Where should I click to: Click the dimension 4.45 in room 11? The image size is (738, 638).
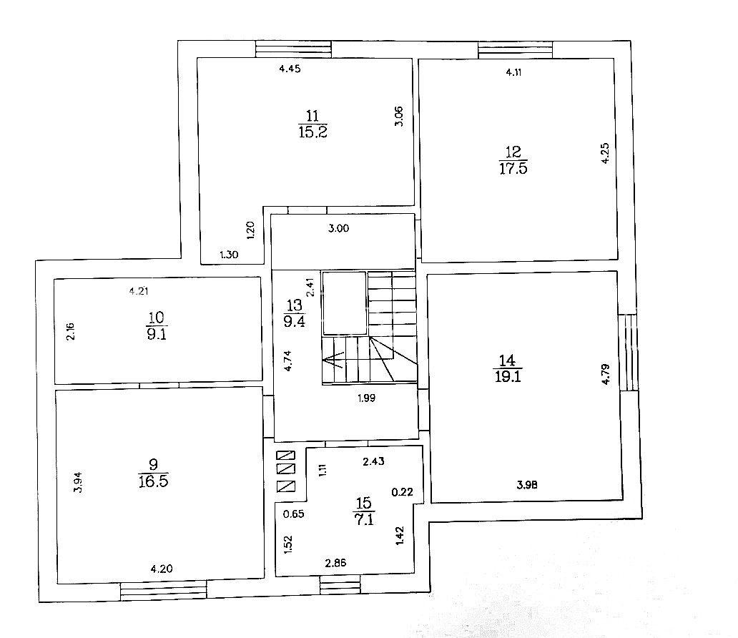[x=290, y=69]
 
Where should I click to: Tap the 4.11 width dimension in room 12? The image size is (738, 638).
[x=513, y=72]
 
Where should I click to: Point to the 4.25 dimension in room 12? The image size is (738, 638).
[x=605, y=153]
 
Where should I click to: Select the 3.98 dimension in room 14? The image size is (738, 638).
[x=527, y=484]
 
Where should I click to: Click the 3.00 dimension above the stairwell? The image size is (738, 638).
[x=338, y=228]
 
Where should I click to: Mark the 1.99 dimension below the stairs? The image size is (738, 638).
[x=367, y=398]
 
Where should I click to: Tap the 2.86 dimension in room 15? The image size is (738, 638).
[x=335, y=563]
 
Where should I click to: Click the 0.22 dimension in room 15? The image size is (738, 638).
[x=403, y=492]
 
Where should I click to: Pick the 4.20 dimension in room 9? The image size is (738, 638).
[x=162, y=569]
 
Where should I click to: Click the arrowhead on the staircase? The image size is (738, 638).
[x=331, y=360]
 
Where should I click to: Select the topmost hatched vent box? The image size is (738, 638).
[x=286, y=456]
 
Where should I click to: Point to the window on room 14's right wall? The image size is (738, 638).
[x=629, y=353]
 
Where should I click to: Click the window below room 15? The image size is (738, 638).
[x=340, y=584]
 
